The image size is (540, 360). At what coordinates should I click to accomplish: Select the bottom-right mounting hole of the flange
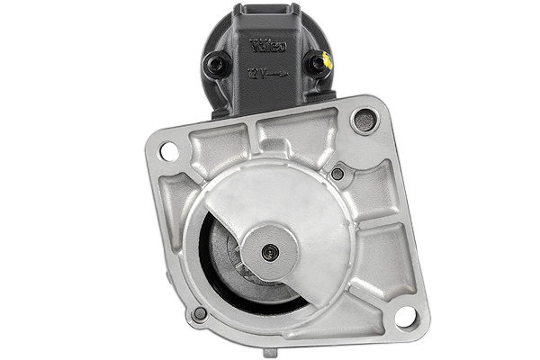[405, 316]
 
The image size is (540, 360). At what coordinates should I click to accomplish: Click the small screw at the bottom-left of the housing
[200, 313]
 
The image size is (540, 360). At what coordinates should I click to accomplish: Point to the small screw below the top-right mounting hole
[337, 173]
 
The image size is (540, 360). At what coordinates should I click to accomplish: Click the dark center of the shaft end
[266, 253]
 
